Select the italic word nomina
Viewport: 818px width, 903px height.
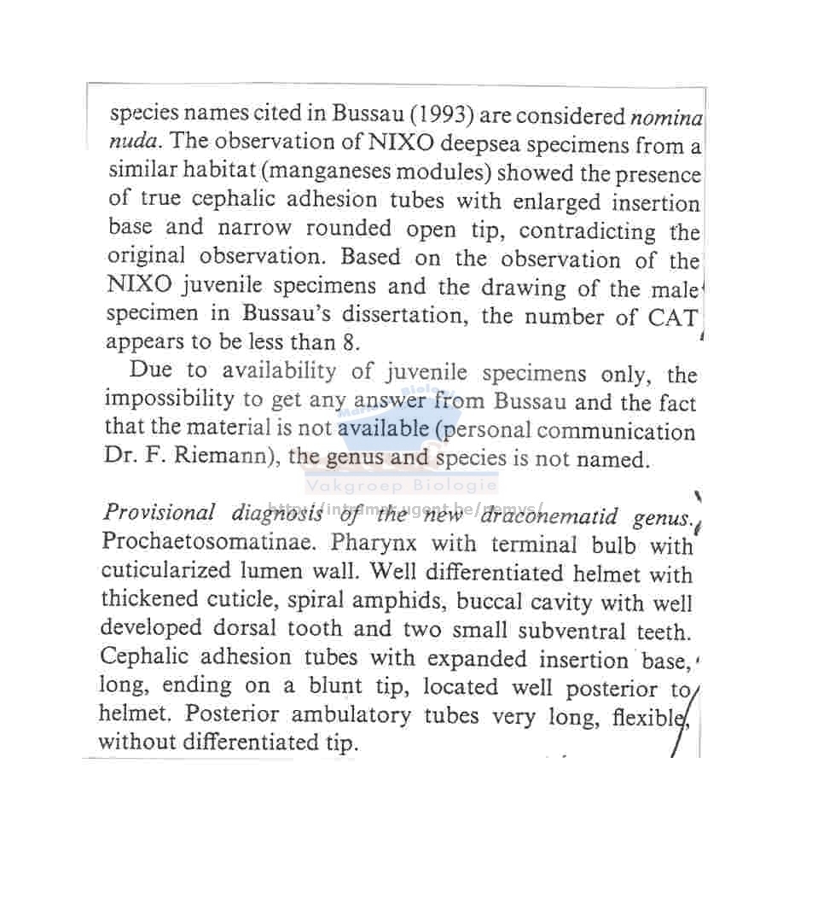(x=666, y=116)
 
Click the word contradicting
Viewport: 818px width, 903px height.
(x=588, y=231)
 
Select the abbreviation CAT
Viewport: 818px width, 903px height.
(x=673, y=318)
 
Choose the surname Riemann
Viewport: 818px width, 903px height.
(x=228, y=457)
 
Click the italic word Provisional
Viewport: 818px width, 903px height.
(x=159, y=512)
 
